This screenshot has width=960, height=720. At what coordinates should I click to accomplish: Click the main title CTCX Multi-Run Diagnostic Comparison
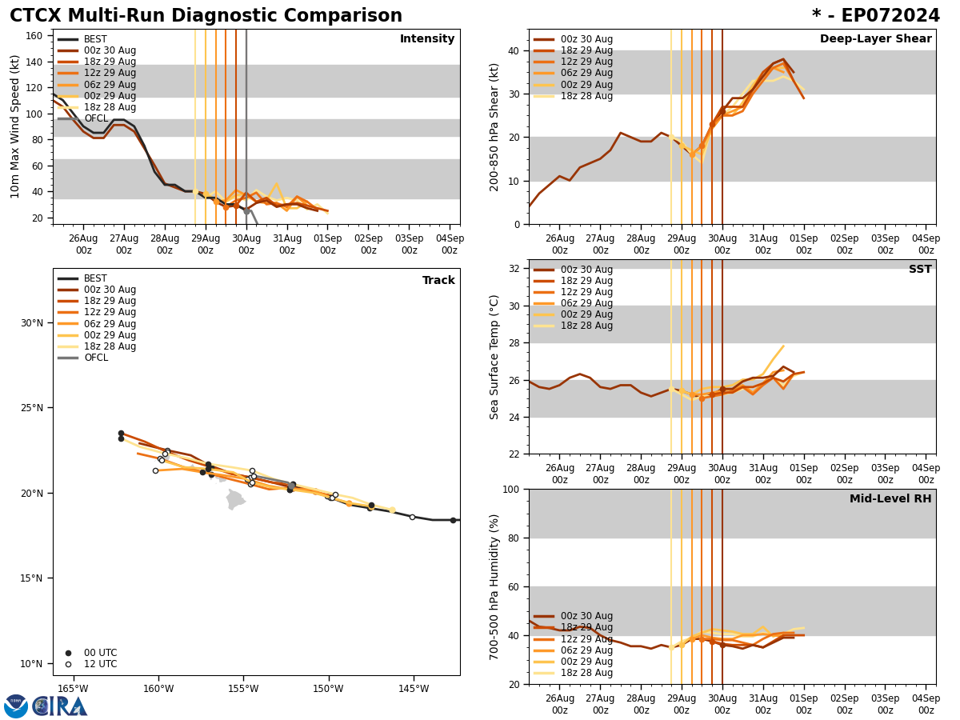coord(206,16)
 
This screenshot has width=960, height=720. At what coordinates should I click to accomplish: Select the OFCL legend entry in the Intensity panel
coord(95,118)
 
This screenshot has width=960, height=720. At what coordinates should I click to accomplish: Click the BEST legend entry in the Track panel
coord(95,278)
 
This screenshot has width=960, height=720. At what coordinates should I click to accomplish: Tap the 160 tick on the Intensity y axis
coord(35,35)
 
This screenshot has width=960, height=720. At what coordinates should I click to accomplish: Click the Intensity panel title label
coord(426,39)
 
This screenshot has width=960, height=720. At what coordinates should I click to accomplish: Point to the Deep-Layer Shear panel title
coord(875,39)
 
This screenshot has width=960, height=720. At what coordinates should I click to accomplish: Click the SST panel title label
coord(919,270)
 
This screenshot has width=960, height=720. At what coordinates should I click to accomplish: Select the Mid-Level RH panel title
coord(890,499)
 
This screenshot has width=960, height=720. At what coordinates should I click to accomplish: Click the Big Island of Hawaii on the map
coord(234,500)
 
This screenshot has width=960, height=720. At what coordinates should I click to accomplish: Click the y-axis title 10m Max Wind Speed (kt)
coord(16,126)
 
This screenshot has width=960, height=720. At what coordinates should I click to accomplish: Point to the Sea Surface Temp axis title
coord(495,357)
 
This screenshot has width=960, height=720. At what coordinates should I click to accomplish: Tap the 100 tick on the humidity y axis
coord(510,490)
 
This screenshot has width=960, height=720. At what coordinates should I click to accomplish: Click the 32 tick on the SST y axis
coord(514,269)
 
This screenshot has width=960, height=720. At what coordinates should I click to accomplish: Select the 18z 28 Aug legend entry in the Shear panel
coord(586,96)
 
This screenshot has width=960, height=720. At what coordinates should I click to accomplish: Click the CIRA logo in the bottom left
coord(60,706)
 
